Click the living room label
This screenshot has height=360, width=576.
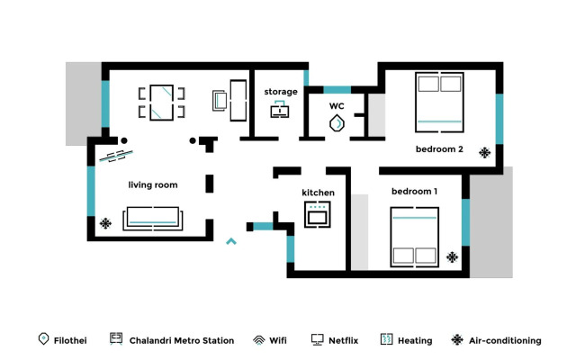click(x=152, y=185)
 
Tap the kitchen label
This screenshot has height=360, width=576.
click(x=318, y=193)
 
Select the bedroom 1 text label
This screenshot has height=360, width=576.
click(x=414, y=192)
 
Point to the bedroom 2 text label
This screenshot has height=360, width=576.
click(x=439, y=149)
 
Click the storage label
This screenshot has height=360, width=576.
click(x=281, y=92)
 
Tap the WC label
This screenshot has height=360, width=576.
click(x=337, y=106)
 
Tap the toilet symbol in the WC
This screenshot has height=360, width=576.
click(x=337, y=123)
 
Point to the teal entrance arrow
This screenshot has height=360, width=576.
click(x=231, y=240)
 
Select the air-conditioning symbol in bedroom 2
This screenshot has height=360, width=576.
click(x=485, y=152)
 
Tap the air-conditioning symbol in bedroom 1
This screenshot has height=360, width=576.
click(x=452, y=257)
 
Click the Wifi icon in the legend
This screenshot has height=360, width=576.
click(x=258, y=340)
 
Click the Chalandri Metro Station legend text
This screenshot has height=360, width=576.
click(x=182, y=341)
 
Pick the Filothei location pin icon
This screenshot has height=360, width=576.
click(x=42, y=339)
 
